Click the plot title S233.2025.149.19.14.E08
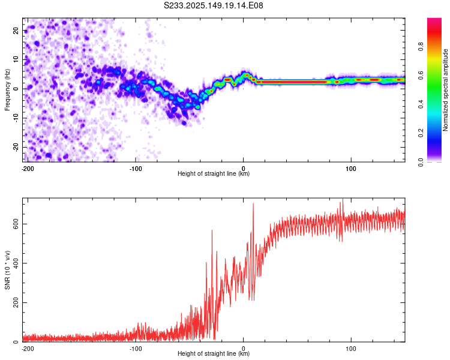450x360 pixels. (x=213, y=5)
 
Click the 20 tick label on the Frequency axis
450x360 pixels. (x=16, y=30)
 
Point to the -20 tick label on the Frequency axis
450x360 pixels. (x=16, y=147)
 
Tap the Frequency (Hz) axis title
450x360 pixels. (x=7, y=90)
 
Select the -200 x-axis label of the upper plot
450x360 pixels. (x=28, y=169)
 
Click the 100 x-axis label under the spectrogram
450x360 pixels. (x=351, y=169)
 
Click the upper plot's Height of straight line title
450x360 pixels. (x=214, y=173)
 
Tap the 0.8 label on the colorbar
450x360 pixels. (x=421, y=46)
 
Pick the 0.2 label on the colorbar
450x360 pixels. (x=421, y=133)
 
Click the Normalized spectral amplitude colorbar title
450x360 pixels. (x=445, y=90)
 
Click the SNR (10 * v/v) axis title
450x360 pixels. (x=7, y=270)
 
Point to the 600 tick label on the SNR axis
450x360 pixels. (x=16, y=224)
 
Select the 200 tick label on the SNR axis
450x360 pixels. (x=16, y=302)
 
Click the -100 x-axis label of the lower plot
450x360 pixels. (x=136, y=349)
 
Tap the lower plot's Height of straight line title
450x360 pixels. (x=214, y=353)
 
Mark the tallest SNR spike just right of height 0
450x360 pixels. (x=253, y=203)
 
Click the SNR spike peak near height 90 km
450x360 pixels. (x=343, y=199)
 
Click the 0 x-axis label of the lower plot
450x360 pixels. (x=244, y=349)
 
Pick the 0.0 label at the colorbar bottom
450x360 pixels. (x=421, y=162)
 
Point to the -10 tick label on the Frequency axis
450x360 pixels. (x=16, y=118)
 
